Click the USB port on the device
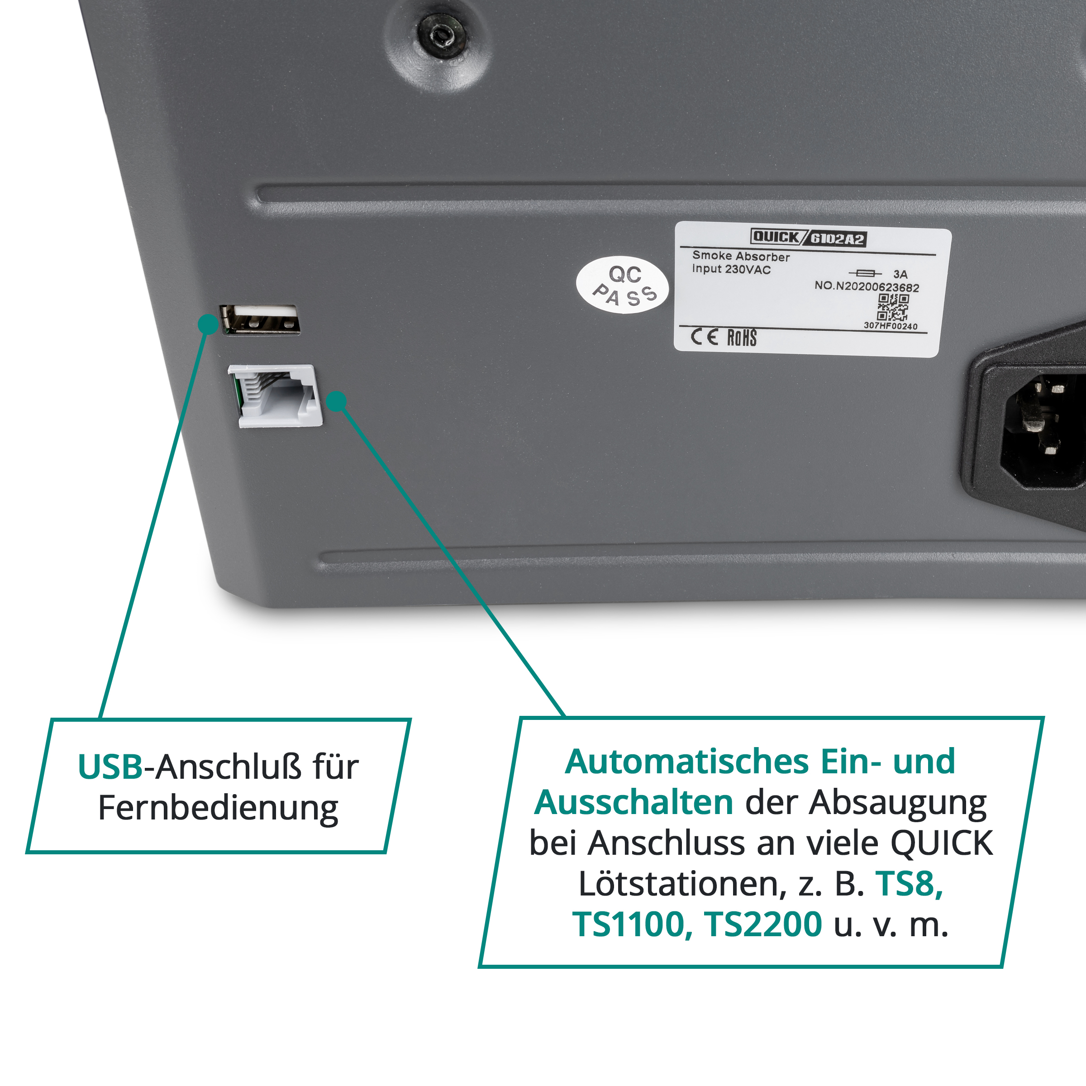tap(259, 320)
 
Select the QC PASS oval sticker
tap(623, 285)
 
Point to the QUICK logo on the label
tap(776, 237)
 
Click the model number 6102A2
tap(837, 239)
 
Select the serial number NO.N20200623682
tap(867, 286)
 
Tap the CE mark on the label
tap(705, 337)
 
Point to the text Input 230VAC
tap(731, 269)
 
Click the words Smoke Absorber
tap(741, 256)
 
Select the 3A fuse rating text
tap(900, 274)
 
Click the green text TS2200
tap(763, 924)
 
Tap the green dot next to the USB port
tap(209, 324)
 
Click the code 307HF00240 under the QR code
tap(891, 326)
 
